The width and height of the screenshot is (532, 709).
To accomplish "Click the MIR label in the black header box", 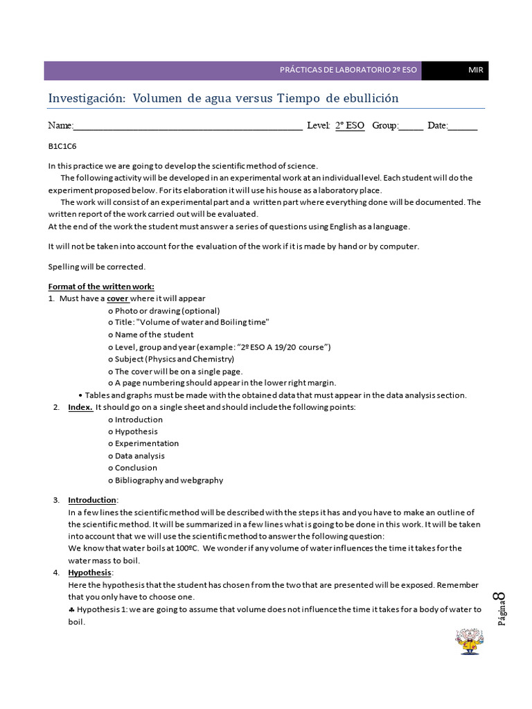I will pyautogui.click(x=475, y=71).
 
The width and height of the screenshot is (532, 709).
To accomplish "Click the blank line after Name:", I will pyautogui.click(x=187, y=127).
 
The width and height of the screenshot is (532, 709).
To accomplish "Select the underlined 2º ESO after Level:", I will pyautogui.click(x=350, y=126).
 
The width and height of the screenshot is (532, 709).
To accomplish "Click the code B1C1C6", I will pyautogui.click(x=62, y=147).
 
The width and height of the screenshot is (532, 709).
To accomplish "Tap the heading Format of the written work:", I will pyautogui.click(x=101, y=287).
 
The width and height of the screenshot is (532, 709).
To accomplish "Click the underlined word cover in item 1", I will pyautogui.click(x=117, y=298).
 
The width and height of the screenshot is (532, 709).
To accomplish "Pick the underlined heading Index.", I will pyautogui.click(x=80, y=407).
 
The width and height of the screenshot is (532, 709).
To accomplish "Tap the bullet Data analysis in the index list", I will pyautogui.click(x=136, y=456).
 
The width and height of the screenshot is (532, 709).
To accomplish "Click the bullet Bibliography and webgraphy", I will pyautogui.click(x=166, y=480).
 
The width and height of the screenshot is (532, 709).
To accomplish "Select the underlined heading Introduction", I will pyautogui.click(x=91, y=500).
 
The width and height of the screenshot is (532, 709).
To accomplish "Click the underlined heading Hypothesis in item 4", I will pyautogui.click(x=89, y=573).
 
